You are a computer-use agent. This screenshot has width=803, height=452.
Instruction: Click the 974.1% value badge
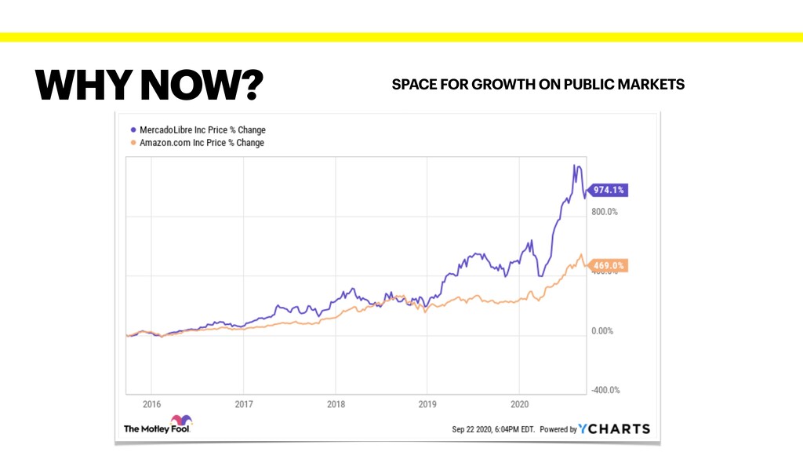tap(609, 190)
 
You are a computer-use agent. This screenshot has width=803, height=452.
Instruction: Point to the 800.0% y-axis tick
tap(604, 212)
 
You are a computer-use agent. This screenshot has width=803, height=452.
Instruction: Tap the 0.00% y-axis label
tap(602, 331)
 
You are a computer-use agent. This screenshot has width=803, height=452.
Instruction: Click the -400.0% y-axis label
tap(605, 390)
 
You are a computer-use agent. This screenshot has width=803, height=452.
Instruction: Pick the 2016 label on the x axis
tap(152, 405)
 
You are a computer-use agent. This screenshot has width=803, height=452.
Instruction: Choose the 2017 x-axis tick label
tap(243, 405)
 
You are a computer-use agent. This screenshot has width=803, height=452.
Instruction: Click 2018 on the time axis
tap(335, 405)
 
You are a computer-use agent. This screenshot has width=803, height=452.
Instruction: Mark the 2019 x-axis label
tap(427, 405)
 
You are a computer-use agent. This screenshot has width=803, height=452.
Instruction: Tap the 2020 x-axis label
tap(519, 405)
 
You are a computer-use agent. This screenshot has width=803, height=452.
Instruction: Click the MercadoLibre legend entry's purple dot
tap(133, 129)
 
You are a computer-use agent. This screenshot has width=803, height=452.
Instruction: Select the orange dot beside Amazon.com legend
tap(133, 143)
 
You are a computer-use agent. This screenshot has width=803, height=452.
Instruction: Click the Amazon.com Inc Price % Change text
tap(202, 143)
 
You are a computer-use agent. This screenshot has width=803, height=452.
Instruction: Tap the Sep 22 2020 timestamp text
tap(493, 429)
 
